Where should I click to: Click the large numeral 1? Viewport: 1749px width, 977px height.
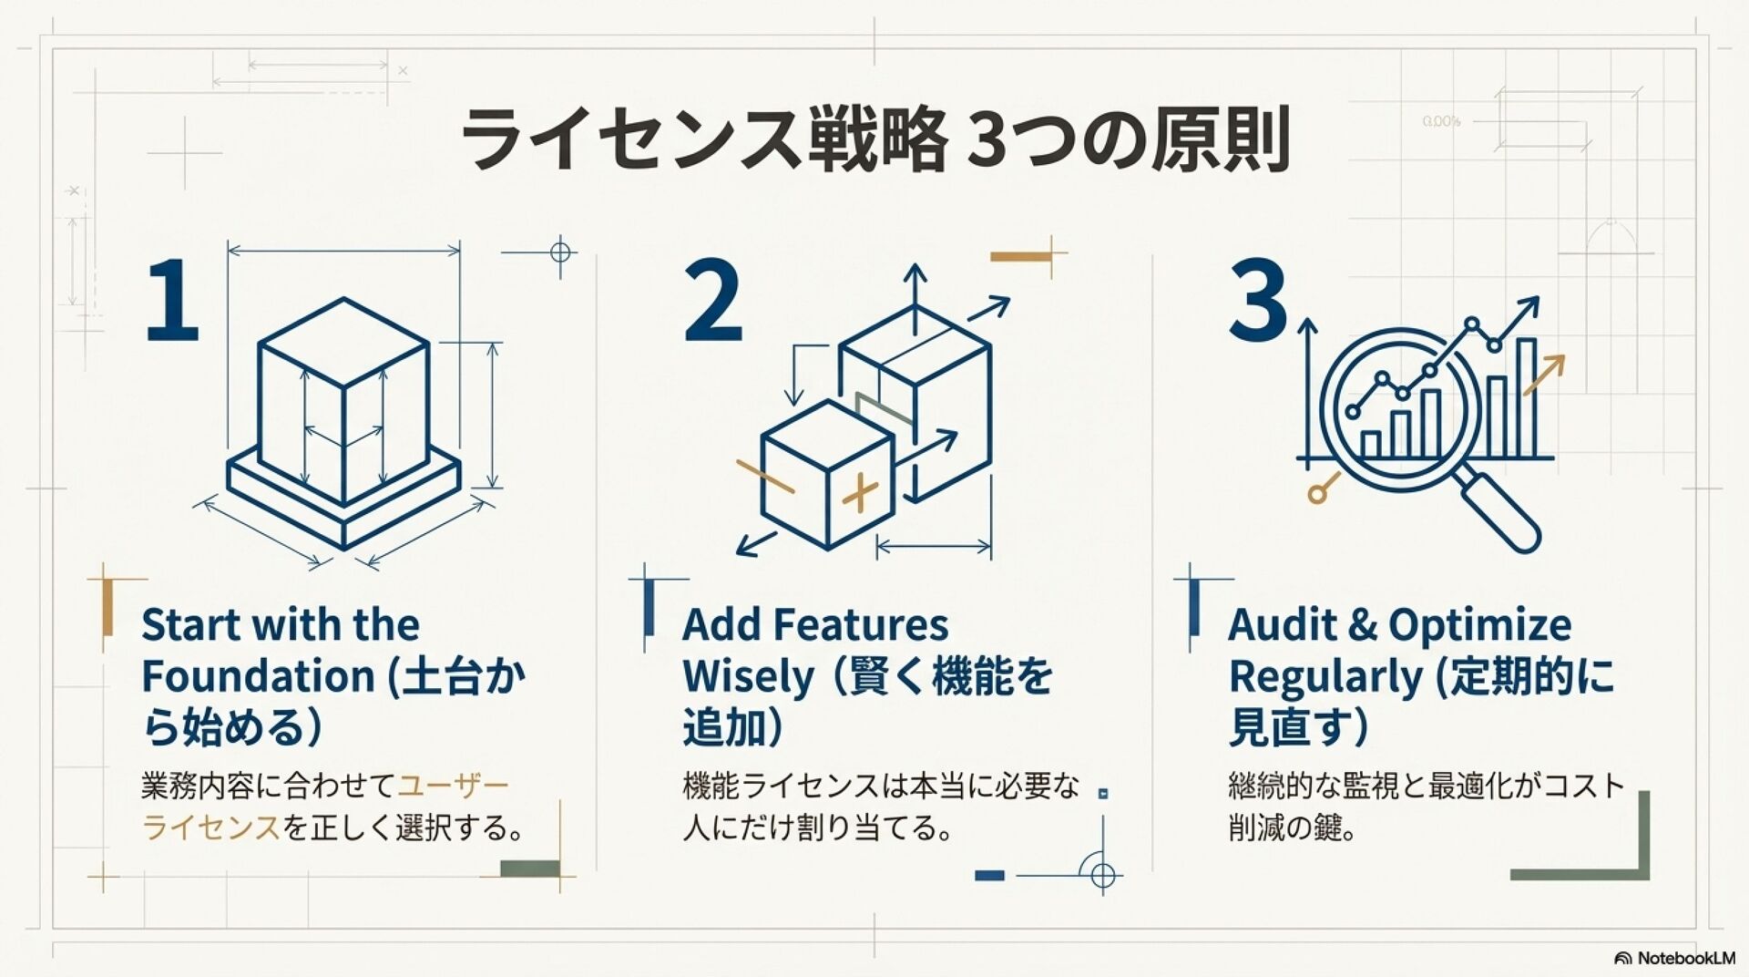(x=173, y=301)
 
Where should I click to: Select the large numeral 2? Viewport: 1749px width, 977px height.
(x=713, y=301)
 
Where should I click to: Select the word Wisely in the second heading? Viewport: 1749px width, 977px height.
(x=748, y=677)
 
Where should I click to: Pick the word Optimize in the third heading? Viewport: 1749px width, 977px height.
(x=1479, y=625)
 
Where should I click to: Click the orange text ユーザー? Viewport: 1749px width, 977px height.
(x=454, y=786)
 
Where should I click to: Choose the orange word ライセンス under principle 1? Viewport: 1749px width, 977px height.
(x=210, y=828)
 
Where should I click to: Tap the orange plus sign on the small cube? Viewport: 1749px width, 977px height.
(x=859, y=493)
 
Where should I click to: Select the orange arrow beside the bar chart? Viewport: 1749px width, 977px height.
(x=1544, y=374)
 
